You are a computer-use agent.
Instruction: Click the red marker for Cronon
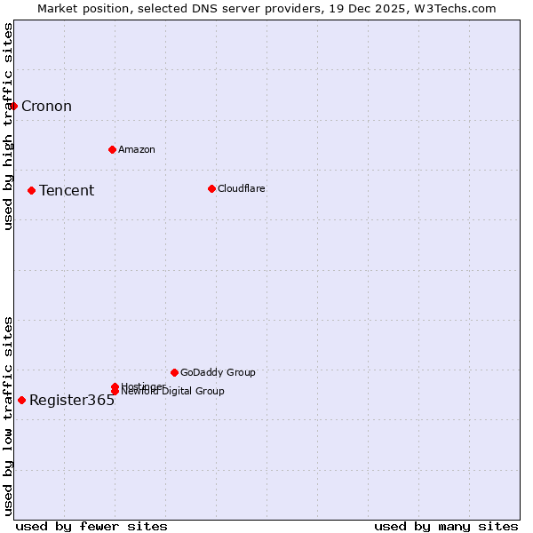click(x=13, y=107)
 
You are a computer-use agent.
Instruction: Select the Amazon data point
click(x=112, y=149)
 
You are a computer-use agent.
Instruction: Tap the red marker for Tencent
click(x=31, y=190)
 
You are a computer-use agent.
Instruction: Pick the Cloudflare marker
click(x=211, y=188)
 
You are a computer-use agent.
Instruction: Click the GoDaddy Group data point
click(x=174, y=372)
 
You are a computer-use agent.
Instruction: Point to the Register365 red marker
click(x=21, y=400)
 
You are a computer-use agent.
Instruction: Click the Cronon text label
click(x=46, y=107)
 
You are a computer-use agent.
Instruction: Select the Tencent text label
click(x=67, y=190)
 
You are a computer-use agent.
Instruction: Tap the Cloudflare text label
click(x=242, y=188)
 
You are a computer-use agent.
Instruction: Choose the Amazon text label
click(x=137, y=149)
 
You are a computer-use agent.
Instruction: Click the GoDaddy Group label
click(x=218, y=372)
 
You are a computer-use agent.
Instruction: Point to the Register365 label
click(x=72, y=400)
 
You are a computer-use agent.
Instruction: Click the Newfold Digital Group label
click(x=174, y=392)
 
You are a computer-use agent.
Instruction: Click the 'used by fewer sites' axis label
click(x=91, y=526)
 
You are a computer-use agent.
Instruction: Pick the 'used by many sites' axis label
click(x=446, y=526)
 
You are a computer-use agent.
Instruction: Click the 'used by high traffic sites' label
click(x=8, y=126)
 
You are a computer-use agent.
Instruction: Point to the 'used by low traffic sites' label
click(x=8, y=415)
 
